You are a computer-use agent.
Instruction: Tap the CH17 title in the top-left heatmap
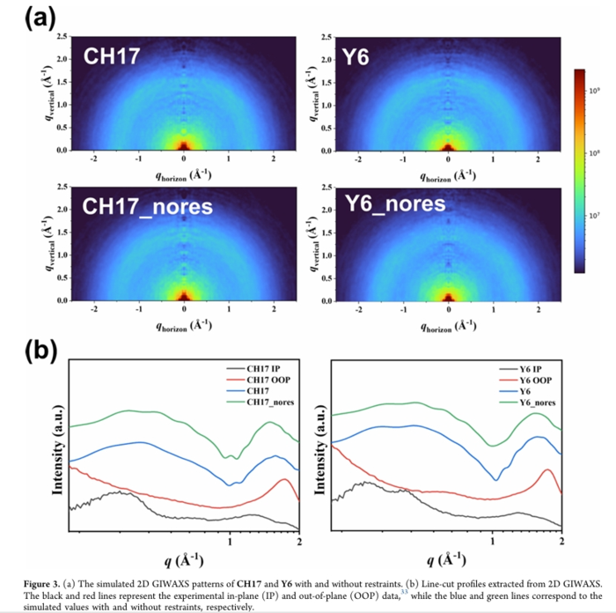pyautogui.click(x=107, y=57)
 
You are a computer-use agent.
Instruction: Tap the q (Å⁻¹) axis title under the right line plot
pyautogui.click(x=449, y=560)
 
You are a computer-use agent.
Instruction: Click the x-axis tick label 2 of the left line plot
pyautogui.click(x=299, y=542)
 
